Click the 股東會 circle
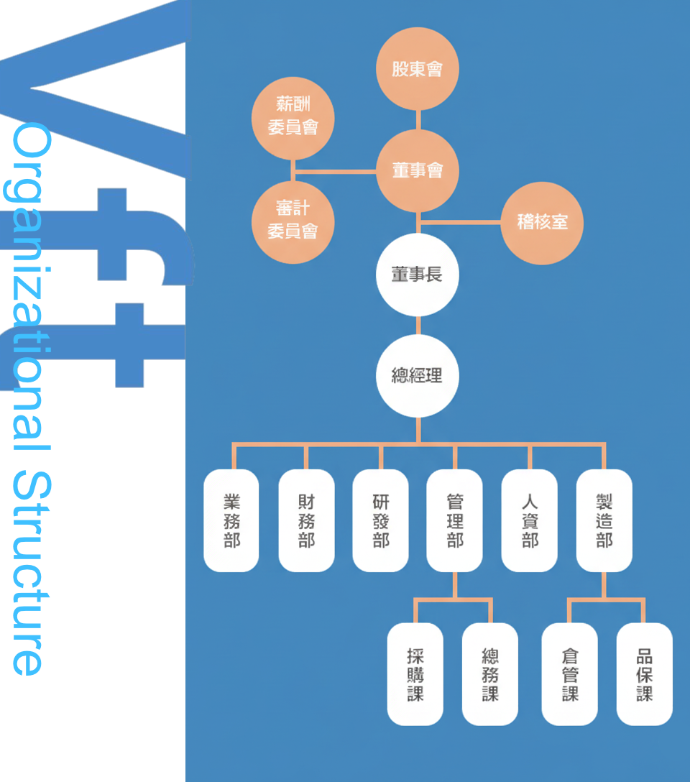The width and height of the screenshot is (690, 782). (x=418, y=69)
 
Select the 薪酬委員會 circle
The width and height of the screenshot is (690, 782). (x=293, y=117)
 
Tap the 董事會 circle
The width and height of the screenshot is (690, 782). (x=418, y=170)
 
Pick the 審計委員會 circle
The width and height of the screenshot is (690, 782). (x=293, y=221)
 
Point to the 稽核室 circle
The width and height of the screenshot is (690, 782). (x=542, y=222)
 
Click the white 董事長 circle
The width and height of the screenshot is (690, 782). (x=418, y=275)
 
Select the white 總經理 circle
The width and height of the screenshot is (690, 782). (x=418, y=375)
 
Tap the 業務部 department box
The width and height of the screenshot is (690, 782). (x=231, y=520)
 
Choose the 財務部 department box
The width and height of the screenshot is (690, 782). (x=306, y=520)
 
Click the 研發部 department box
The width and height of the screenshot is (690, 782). (x=381, y=520)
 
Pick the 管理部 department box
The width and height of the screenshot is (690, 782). (x=455, y=520)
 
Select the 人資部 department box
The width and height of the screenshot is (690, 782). (x=530, y=520)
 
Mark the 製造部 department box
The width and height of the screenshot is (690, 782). (x=604, y=520)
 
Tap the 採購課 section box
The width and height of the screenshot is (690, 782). (x=415, y=674)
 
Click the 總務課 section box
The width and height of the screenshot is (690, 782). (x=490, y=674)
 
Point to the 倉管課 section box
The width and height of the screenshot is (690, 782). (x=570, y=674)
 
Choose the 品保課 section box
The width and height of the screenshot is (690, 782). (x=645, y=674)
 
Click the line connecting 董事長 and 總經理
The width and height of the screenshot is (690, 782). (x=418, y=325)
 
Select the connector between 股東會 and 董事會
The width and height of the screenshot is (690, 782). (x=418, y=119)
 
